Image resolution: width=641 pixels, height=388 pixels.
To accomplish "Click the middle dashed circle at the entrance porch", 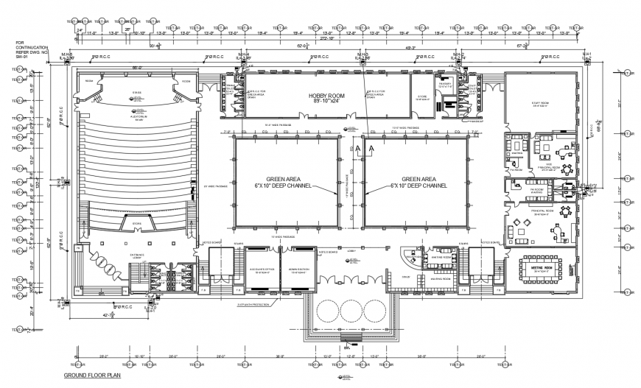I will [x=350, y=314].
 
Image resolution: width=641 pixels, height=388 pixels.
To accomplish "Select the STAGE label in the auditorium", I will [x=137, y=94].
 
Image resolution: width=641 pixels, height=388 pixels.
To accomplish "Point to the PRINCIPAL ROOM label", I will [x=542, y=212].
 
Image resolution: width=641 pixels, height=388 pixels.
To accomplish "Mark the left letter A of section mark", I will [x=357, y=149].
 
